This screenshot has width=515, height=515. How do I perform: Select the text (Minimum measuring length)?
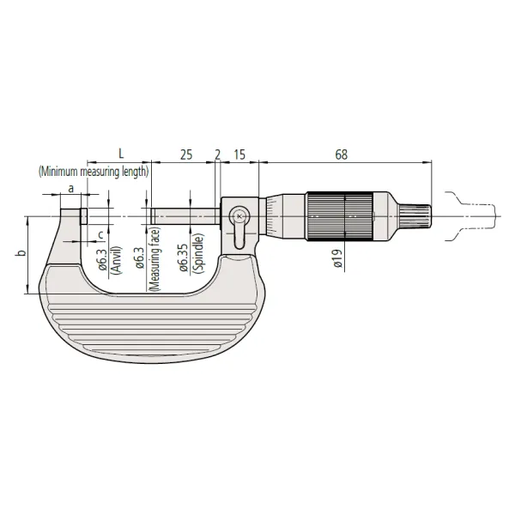[94, 171]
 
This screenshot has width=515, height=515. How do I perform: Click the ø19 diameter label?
[339, 258]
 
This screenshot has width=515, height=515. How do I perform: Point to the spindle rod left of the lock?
[185, 215]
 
